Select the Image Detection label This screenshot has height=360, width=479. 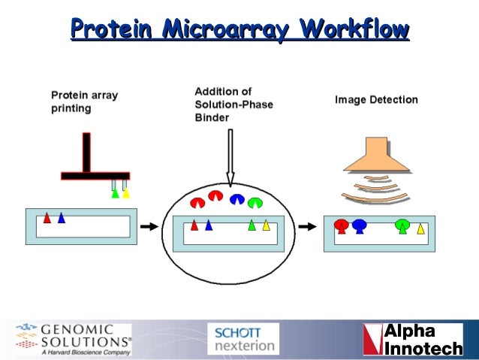[x=376, y=100]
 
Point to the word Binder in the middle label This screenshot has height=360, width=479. [x=212, y=118]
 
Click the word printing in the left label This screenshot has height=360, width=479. [x=71, y=108]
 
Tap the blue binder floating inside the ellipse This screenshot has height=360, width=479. [x=238, y=198]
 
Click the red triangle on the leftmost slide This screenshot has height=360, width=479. [x=47, y=218]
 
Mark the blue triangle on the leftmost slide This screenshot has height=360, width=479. [x=62, y=218]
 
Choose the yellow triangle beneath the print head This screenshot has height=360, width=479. [x=126, y=192]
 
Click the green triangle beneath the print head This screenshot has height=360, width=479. [x=115, y=192]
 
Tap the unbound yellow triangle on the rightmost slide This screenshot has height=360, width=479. [x=421, y=228]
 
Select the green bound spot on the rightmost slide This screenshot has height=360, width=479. [x=402, y=225]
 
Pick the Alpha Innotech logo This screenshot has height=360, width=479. [x=412, y=339]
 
